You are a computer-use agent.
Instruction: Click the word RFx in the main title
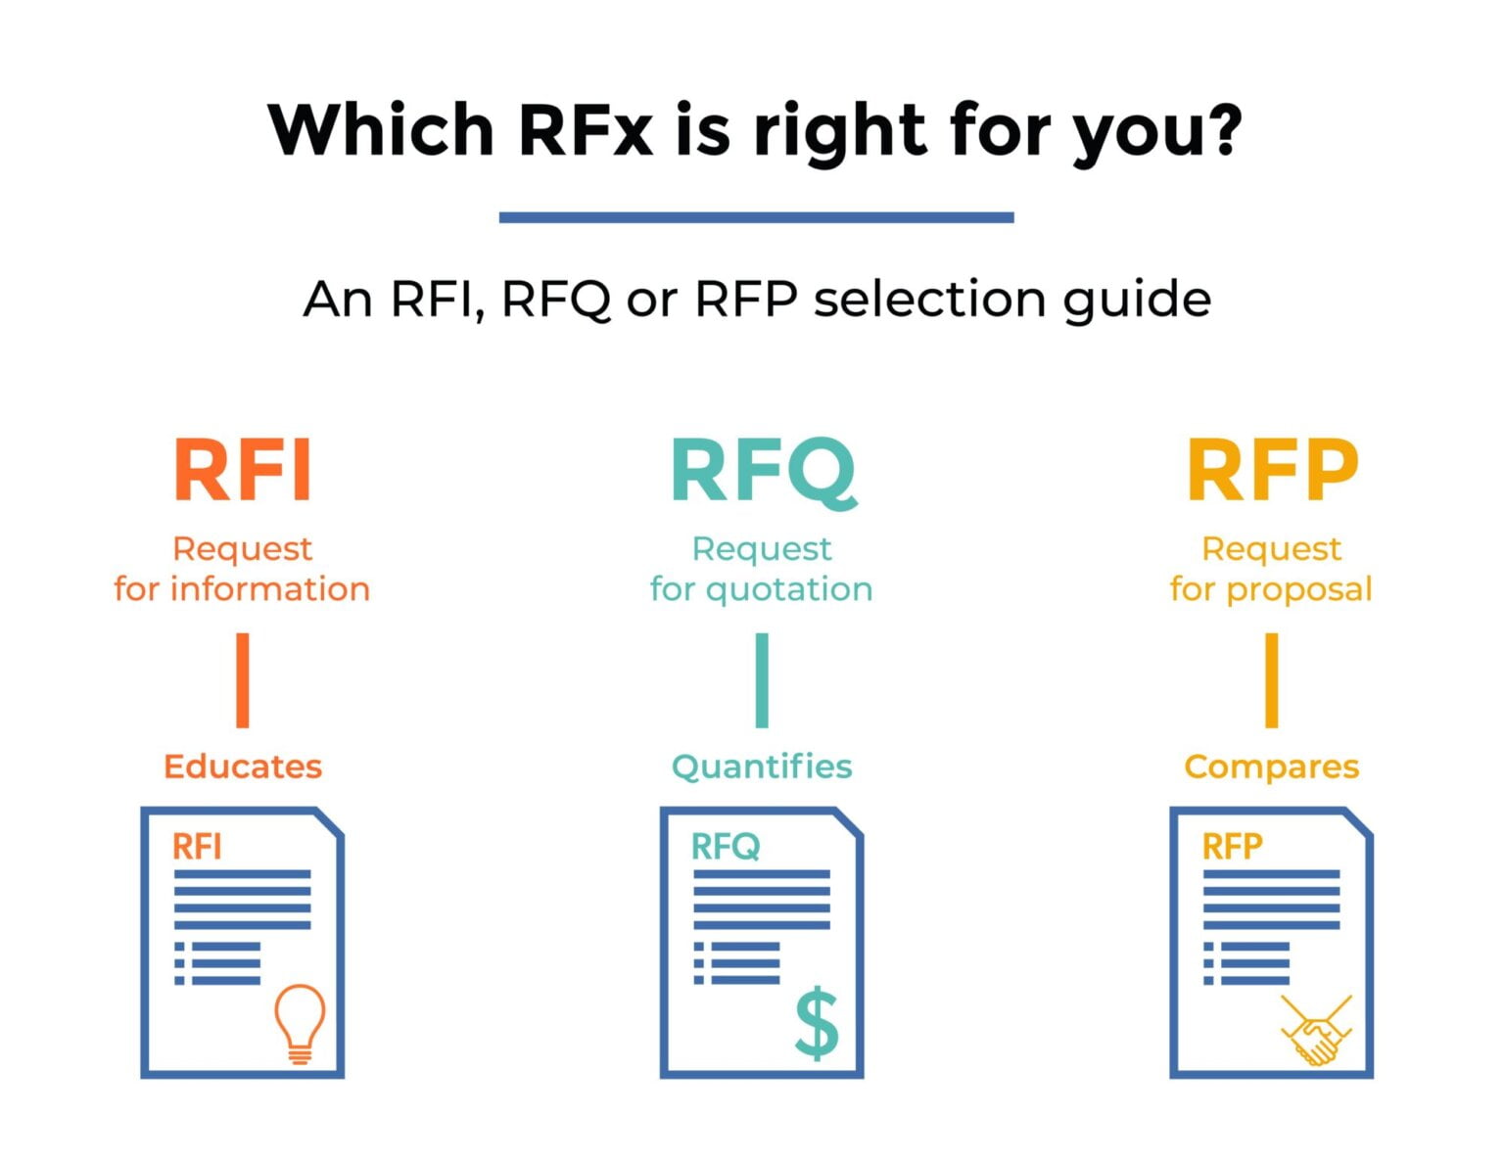pyautogui.click(x=585, y=130)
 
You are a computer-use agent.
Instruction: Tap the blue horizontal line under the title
pyautogui.click(x=756, y=217)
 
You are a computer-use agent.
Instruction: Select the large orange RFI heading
pyautogui.click(x=243, y=471)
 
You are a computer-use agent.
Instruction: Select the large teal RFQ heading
pyautogui.click(x=762, y=471)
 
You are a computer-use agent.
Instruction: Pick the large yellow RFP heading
pyautogui.click(x=1272, y=471)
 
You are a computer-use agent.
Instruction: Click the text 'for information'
pyautogui.click(x=242, y=589)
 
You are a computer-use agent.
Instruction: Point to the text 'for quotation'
pyautogui.click(x=761, y=589)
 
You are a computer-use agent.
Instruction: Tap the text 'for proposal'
pyautogui.click(x=1271, y=589)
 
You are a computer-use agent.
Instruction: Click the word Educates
pyautogui.click(x=243, y=767)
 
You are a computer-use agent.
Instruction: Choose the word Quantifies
pyautogui.click(x=762, y=767)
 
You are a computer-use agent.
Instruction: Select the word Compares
pyautogui.click(x=1271, y=767)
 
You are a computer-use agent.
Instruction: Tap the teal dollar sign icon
pyautogui.click(x=817, y=1023)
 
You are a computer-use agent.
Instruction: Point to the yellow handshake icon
pyautogui.click(x=1316, y=1031)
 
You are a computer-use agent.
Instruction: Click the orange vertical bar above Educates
pyautogui.click(x=243, y=680)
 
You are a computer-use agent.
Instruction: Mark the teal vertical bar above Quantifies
pyautogui.click(x=762, y=680)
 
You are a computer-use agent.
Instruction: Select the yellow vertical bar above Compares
pyautogui.click(x=1271, y=680)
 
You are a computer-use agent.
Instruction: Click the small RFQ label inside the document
pyautogui.click(x=726, y=847)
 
